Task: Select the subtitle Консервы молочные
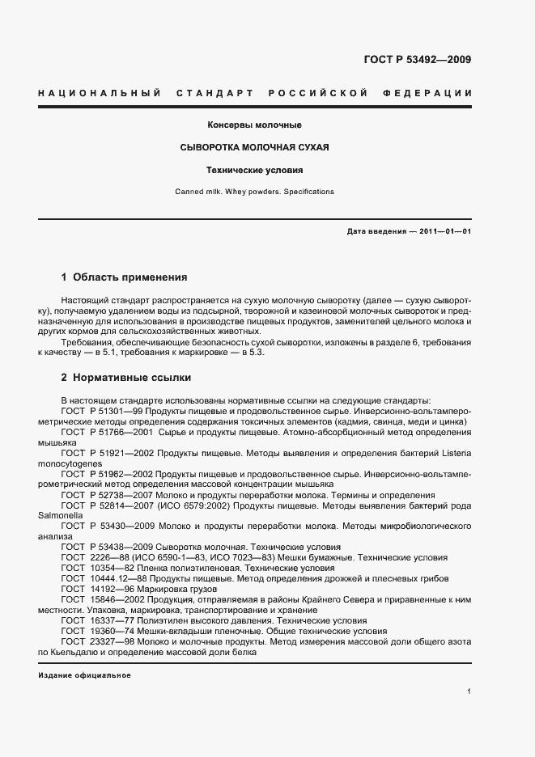tap(255, 125)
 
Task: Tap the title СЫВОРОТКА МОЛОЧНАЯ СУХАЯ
tap(254, 148)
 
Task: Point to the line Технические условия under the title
tap(255, 171)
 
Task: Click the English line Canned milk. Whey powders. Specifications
tap(254, 192)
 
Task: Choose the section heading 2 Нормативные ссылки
tap(125, 377)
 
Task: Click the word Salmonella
tap(60, 515)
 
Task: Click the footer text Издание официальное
tap(84, 675)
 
